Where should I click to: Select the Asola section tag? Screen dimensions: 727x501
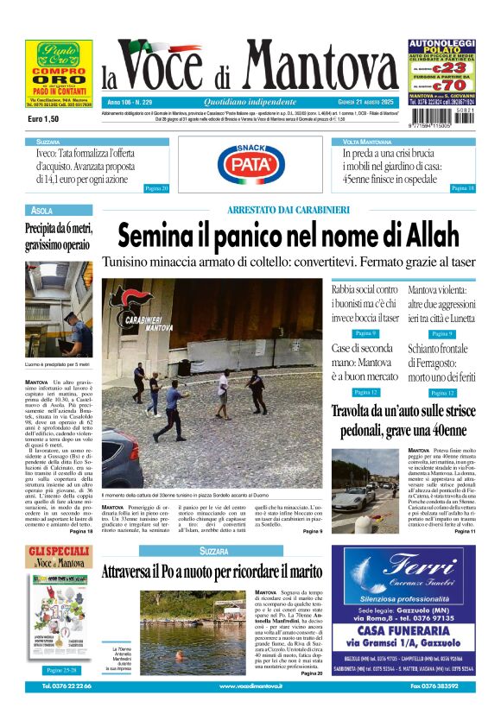[41, 210]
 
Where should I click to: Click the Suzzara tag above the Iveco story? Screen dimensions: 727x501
[48, 141]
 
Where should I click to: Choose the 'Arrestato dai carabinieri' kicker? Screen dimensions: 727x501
[288, 210]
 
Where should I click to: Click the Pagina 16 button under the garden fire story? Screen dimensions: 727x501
[462, 187]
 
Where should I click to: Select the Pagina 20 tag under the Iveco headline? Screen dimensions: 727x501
[155, 187]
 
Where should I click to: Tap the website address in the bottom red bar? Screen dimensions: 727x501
[250, 686]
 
